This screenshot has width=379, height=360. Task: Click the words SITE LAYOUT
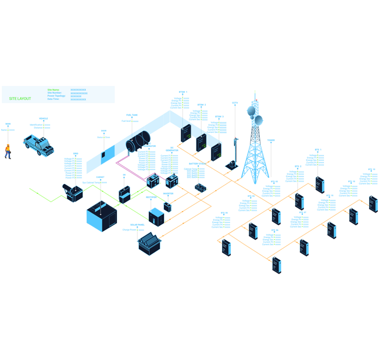(x=20, y=98)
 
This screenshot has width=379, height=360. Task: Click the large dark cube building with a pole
(x=102, y=215)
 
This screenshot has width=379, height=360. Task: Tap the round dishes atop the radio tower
(x=255, y=112)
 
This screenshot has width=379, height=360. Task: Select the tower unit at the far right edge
(x=373, y=203)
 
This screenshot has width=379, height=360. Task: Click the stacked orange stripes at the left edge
(x=7, y=149)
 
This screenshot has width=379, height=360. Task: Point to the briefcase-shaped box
(x=124, y=194)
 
